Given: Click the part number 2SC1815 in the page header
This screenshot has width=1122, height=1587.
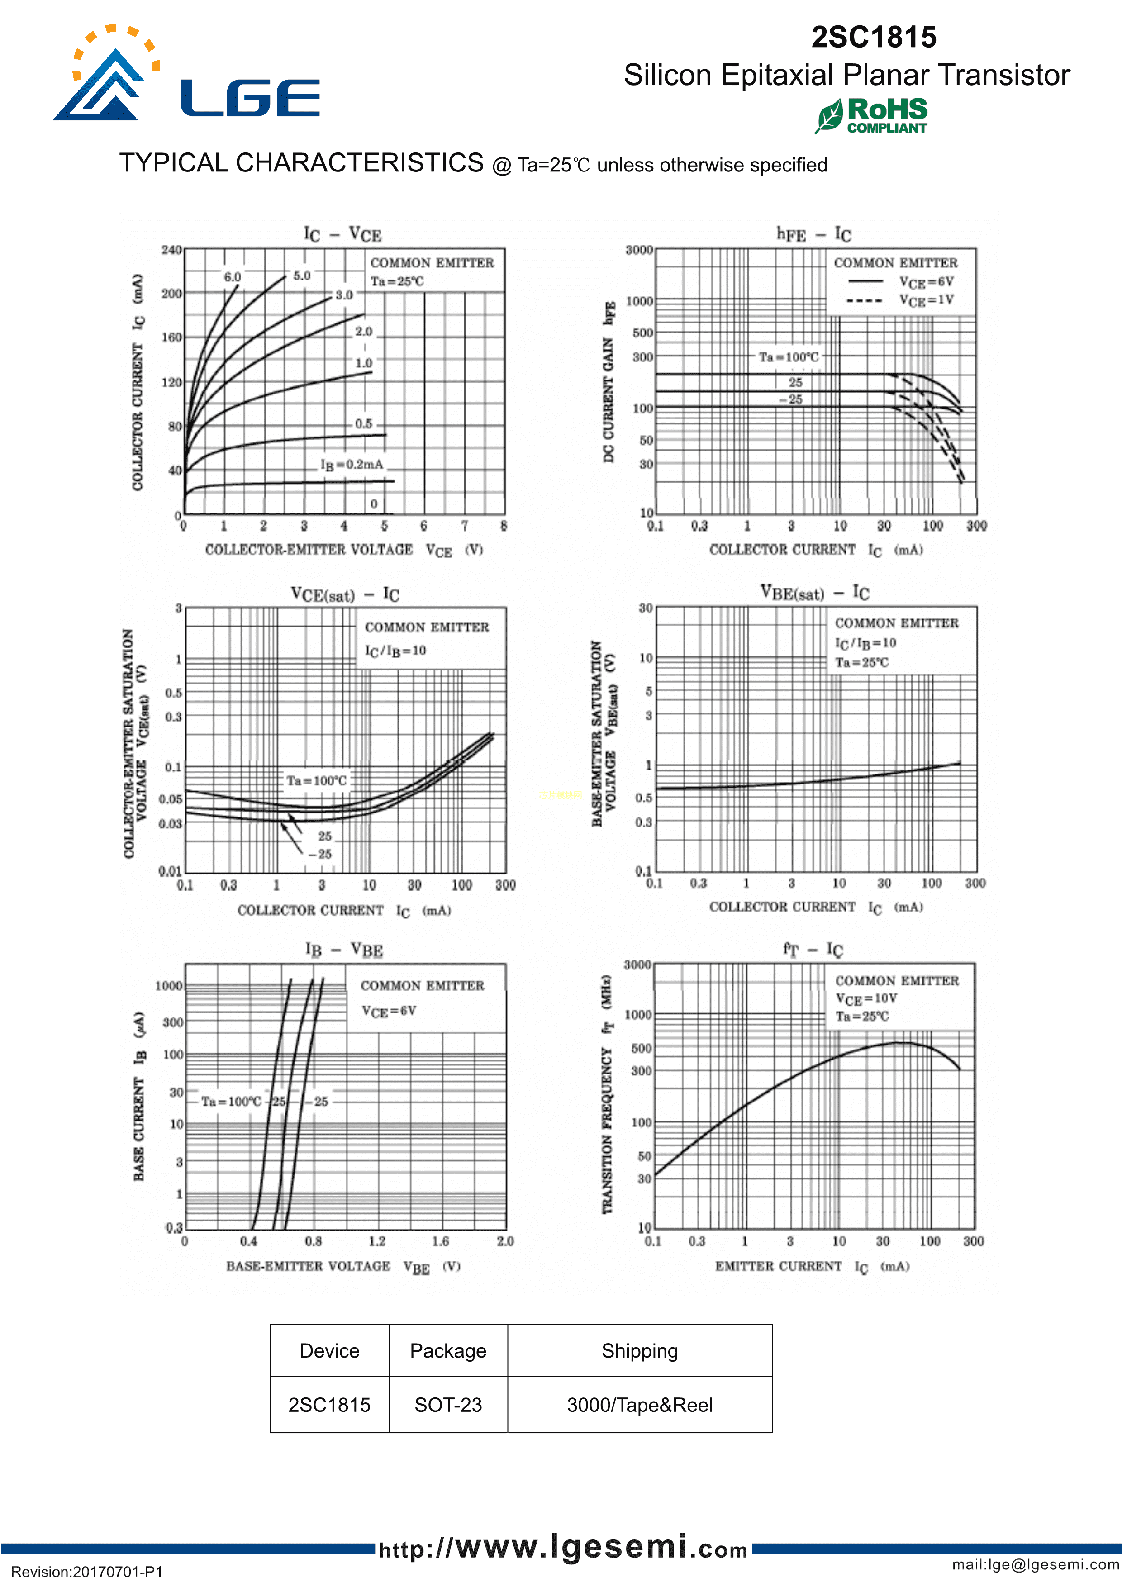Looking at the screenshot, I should (874, 38).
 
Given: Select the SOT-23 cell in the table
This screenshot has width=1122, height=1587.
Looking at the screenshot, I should (448, 1405).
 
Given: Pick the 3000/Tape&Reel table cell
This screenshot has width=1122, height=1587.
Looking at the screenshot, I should (639, 1405).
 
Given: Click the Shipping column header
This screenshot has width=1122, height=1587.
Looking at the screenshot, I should (639, 1350).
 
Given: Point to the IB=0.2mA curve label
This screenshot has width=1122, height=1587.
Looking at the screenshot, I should (351, 465).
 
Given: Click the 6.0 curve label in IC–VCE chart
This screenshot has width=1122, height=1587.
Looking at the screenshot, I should (232, 277).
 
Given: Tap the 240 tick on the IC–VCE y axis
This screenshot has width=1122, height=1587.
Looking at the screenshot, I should (171, 250).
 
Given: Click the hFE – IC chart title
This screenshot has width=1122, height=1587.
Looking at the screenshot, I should (813, 234).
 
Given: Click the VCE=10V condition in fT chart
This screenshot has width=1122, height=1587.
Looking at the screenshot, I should (866, 998).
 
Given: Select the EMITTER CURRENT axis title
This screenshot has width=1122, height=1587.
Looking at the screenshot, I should (779, 1266).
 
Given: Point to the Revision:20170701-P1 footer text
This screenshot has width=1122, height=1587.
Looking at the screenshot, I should (87, 1572).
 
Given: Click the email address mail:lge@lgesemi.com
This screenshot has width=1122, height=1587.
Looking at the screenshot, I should (1035, 1564).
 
